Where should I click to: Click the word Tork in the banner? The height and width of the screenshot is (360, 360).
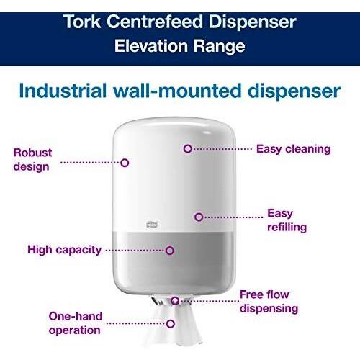point(82,22)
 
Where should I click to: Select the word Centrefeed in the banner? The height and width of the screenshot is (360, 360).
point(155,22)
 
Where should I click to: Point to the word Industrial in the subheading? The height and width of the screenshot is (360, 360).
point(63,91)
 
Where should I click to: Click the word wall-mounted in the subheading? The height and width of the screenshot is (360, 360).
point(177,91)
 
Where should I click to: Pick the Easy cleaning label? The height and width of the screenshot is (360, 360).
point(293,149)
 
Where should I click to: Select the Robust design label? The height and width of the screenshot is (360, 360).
point(32,160)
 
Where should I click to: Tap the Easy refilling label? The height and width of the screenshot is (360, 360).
point(287,220)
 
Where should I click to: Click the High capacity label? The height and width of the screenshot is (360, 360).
point(65,250)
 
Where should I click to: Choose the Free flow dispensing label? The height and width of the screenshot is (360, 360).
point(269,302)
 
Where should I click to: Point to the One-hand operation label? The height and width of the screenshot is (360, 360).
point(76,323)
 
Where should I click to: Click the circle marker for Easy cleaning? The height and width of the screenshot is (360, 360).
point(188,149)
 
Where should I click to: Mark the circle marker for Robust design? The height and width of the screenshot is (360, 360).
point(125,163)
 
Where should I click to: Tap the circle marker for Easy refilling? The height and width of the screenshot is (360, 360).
point(199,217)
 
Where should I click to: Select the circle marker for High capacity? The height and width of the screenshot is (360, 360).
point(170,251)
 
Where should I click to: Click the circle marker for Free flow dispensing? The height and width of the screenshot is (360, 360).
point(175,300)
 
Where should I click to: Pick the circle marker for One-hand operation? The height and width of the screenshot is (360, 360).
point(171,324)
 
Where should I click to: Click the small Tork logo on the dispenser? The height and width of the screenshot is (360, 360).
point(152,224)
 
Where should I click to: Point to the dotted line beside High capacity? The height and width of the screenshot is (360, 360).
point(135,251)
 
